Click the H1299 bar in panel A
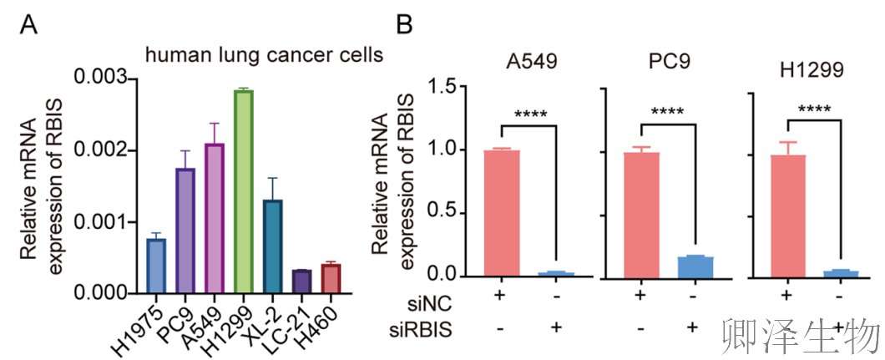(x=244, y=191)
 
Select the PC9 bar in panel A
(x=185, y=231)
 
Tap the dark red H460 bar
(x=331, y=278)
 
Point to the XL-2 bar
(x=273, y=246)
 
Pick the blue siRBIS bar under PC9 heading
(x=695, y=266)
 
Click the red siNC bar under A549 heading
(x=502, y=213)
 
